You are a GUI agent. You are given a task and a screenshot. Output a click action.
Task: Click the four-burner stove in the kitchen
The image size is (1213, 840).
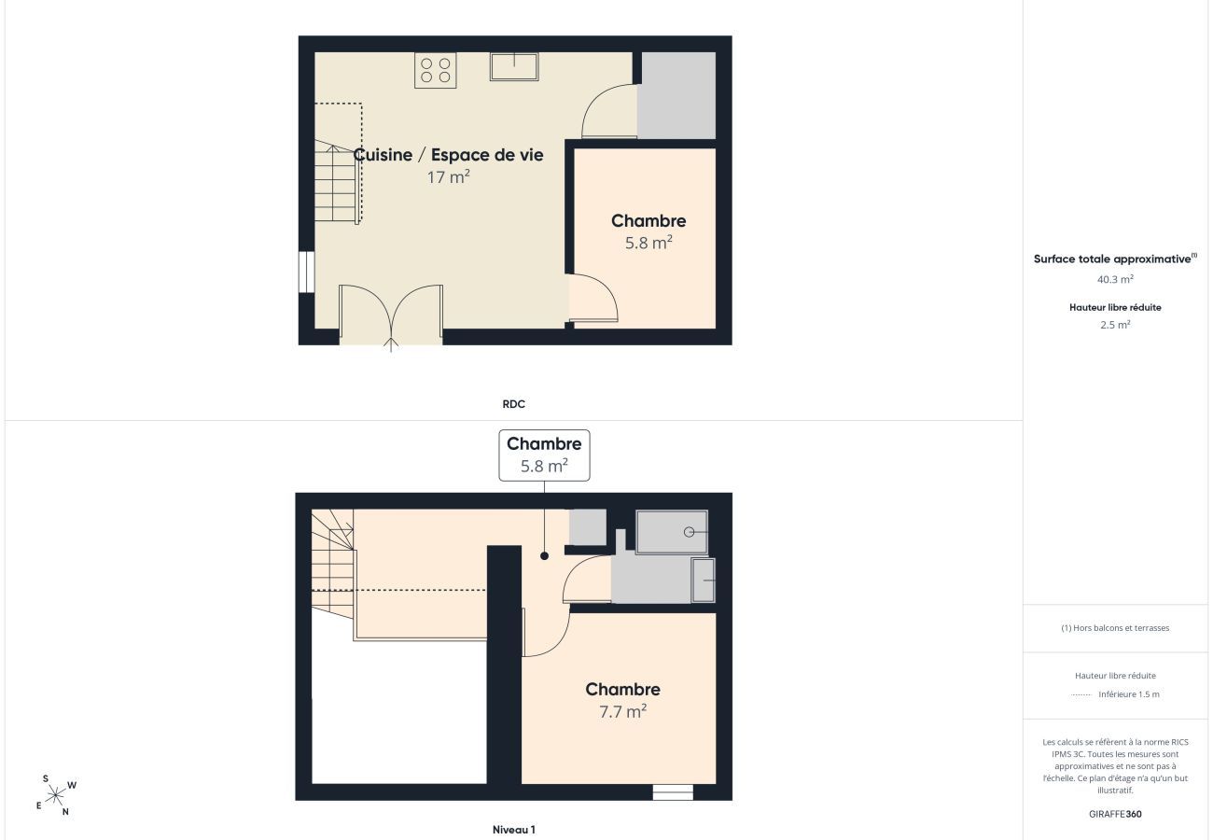tap(436, 70)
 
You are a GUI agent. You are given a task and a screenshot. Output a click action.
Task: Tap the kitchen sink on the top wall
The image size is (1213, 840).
tap(514, 66)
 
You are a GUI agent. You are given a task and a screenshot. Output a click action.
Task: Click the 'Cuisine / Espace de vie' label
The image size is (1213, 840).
tap(449, 155)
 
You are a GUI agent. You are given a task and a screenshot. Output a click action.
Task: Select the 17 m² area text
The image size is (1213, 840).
tap(449, 176)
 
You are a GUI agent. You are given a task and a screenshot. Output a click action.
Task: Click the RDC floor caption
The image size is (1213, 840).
tap(513, 404)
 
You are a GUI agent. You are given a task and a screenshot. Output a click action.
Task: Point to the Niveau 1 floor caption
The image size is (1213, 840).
tap(513, 830)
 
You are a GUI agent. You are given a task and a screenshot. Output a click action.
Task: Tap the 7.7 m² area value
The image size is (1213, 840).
tap(622, 711)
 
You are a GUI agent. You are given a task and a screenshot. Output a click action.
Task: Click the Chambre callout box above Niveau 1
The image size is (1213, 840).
tap(544, 455)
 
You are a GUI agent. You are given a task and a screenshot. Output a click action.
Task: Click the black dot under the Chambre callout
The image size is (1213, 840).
tap(544, 555)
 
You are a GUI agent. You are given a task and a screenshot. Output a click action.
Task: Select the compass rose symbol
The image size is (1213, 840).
tap(55, 795)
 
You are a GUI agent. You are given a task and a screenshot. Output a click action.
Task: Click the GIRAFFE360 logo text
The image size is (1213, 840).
tap(1115, 814)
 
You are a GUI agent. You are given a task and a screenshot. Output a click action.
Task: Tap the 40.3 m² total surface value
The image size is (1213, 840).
tap(1115, 279)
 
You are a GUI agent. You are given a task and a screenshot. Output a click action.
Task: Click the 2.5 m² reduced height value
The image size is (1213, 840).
tap(1115, 325)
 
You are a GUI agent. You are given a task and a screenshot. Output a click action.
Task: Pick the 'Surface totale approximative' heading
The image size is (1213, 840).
tap(1115, 259)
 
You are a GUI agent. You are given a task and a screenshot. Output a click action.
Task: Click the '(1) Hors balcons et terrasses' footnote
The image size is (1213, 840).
tap(1115, 628)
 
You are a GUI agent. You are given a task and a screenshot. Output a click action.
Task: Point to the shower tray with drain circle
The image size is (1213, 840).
tap(672, 532)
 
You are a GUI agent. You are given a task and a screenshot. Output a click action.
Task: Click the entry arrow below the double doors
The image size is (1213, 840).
tap(391, 344)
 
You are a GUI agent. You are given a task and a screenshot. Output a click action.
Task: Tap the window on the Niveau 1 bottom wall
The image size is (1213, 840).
tap(673, 792)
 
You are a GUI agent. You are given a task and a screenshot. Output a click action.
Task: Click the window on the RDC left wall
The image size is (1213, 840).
tap(306, 272)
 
